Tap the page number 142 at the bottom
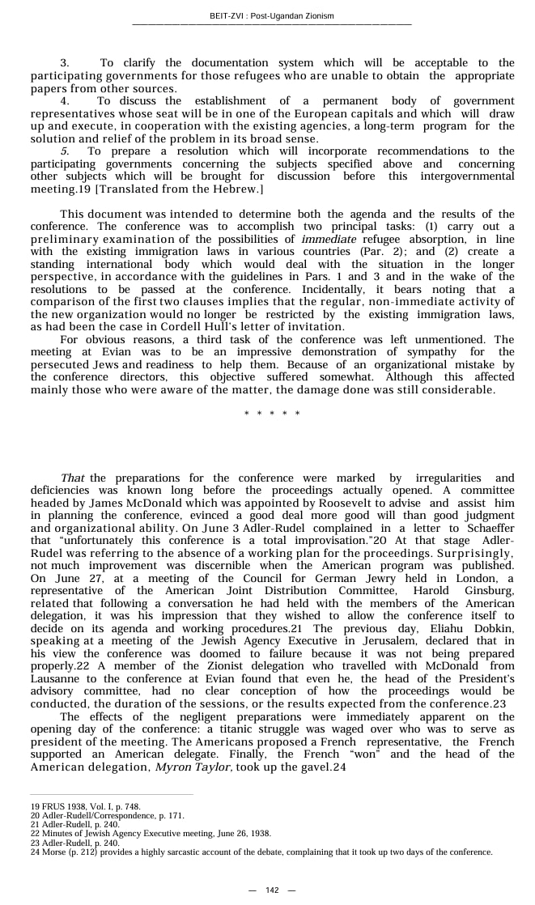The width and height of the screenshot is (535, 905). pos(272,890)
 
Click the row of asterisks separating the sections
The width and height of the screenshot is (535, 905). pos(272,414)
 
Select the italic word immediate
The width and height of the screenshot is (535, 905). pos(329,240)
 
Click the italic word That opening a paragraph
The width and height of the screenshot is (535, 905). pos(73,478)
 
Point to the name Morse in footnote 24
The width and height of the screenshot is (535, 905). pos(56,852)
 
